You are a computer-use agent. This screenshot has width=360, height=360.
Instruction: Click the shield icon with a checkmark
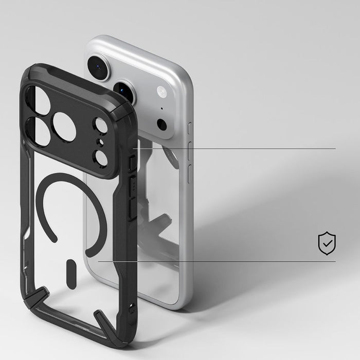327,243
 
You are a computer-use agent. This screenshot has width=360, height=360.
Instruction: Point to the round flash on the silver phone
161,92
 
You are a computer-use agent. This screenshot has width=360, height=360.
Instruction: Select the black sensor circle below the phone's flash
161,124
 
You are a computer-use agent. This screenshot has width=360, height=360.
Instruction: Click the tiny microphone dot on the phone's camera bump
161,109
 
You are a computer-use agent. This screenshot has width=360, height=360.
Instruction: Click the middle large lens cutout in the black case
64,127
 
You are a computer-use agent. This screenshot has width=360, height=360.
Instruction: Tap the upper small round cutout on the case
101,126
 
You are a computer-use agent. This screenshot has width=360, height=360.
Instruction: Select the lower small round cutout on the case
101,157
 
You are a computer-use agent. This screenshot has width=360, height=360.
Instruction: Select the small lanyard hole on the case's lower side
133,309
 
